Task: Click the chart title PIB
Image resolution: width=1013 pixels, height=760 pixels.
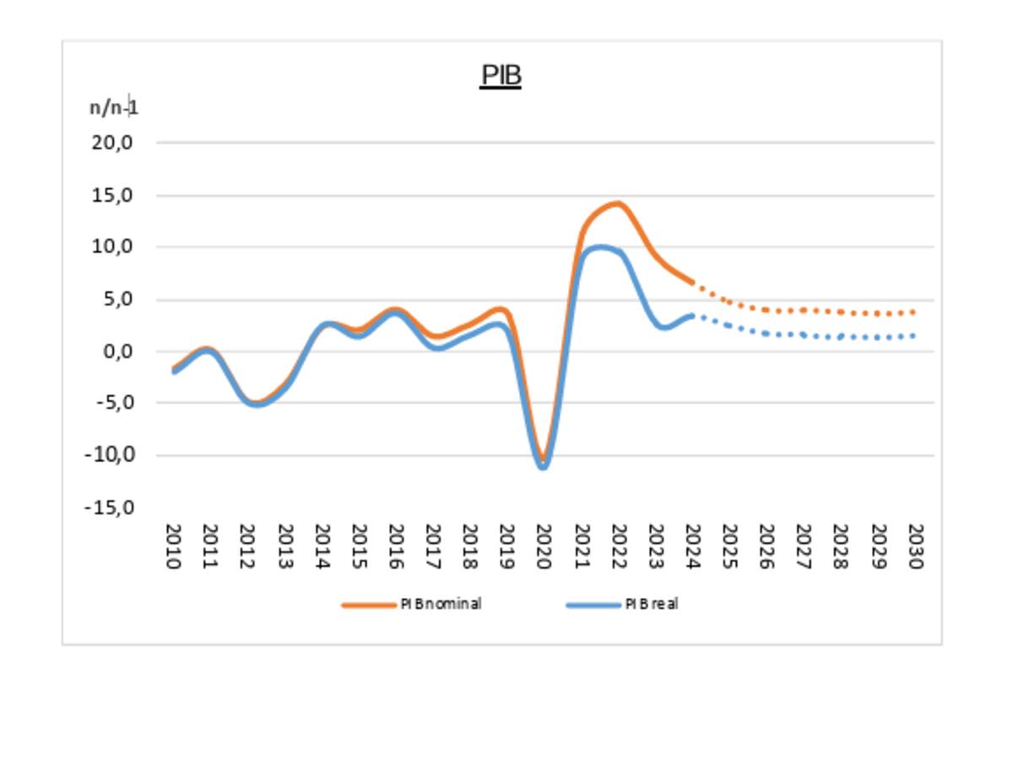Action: point(501,75)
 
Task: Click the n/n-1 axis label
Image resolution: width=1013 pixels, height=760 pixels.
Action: point(114,107)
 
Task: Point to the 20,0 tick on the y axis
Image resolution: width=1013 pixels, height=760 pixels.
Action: point(113,142)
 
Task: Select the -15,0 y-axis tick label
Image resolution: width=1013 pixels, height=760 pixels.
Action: point(110,508)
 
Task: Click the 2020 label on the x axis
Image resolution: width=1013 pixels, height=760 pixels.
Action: point(543,546)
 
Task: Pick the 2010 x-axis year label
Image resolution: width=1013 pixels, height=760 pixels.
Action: point(173,546)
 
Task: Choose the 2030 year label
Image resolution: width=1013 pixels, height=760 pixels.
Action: point(914,546)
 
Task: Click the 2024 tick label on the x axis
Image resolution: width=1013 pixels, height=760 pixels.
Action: point(691,546)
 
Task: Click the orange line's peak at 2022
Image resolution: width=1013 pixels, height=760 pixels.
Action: point(617,204)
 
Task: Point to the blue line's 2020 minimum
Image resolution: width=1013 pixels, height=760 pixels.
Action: point(543,465)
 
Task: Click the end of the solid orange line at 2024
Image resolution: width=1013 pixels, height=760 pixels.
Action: point(691,282)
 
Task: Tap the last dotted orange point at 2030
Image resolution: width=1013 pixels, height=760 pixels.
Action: point(913,312)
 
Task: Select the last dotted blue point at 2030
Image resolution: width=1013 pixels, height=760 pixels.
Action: point(913,336)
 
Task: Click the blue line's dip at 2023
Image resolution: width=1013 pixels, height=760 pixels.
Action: point(664,328)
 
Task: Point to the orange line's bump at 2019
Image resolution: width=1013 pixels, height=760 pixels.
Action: point(501,310)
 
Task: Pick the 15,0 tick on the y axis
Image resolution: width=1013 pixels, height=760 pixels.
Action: point(113,195)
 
